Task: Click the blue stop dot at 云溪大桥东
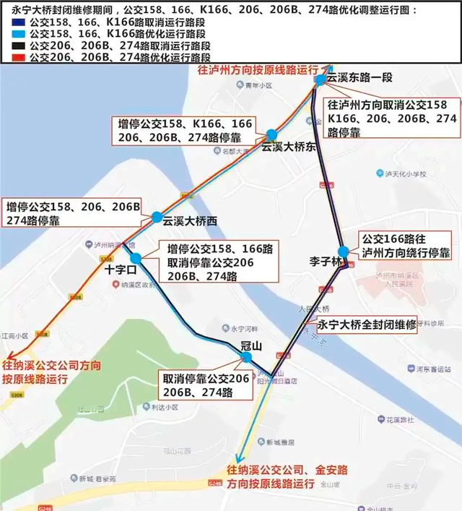(x=271, y=135)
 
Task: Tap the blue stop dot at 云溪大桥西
(x=157, y=217)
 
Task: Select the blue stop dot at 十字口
(x=135, y=258)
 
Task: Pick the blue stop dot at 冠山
(x=247, y=358)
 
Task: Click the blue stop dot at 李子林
(x=343, y=252)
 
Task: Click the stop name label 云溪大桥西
(x=190, y=221)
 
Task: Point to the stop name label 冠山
(x=250, y=345)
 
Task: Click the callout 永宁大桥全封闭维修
(x=367, y=325)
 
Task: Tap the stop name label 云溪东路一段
(x=358, y=74)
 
